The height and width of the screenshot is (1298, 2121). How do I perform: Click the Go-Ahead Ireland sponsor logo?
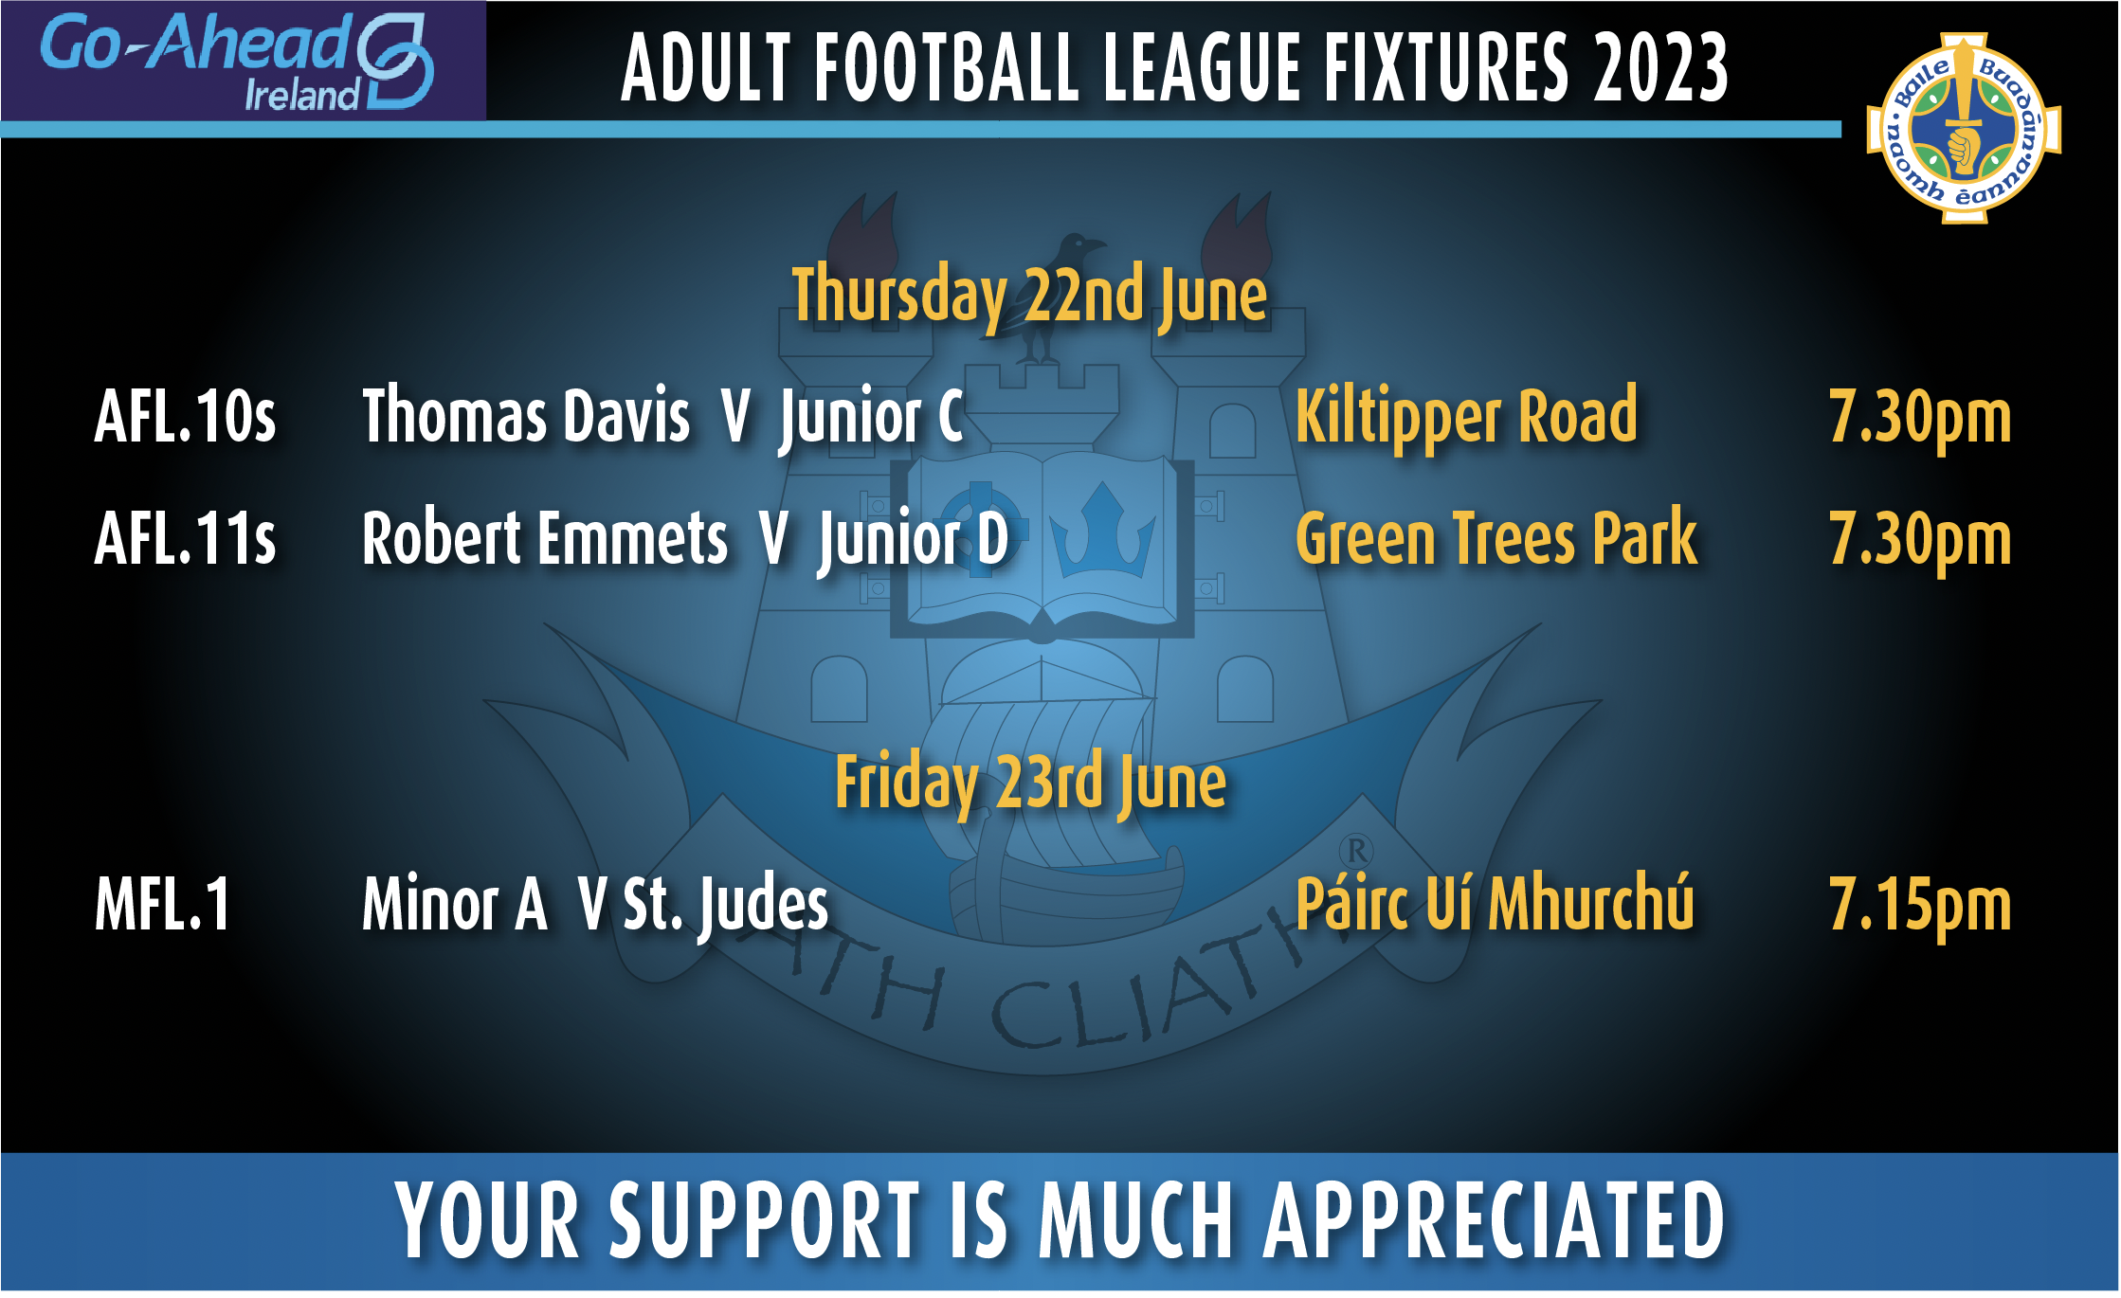point(237,62)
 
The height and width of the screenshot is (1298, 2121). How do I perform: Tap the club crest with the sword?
point(1964,129)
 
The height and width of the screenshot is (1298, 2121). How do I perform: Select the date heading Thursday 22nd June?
point(1029,297)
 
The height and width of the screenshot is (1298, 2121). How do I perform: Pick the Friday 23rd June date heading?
point(1030,784)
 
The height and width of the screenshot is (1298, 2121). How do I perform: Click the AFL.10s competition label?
point(186,416)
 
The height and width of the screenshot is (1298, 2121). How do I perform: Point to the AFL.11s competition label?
point(186,538)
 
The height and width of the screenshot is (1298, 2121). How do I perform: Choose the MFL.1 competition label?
point(162,904)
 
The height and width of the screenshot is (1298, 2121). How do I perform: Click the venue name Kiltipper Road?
point(1466,418)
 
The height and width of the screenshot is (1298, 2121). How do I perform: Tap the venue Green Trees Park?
point(1496,538)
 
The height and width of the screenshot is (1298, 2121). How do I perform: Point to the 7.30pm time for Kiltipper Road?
point(1920,419)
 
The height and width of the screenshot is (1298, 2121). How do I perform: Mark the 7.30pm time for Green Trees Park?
point(1920,541)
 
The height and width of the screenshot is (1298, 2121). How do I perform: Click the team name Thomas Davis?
point(526,416)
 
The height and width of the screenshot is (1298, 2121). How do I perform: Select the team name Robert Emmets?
point(545,538)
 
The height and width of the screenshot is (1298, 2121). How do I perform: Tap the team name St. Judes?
point(725,905)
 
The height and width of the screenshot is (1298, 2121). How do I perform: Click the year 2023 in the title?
point(1660,67)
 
